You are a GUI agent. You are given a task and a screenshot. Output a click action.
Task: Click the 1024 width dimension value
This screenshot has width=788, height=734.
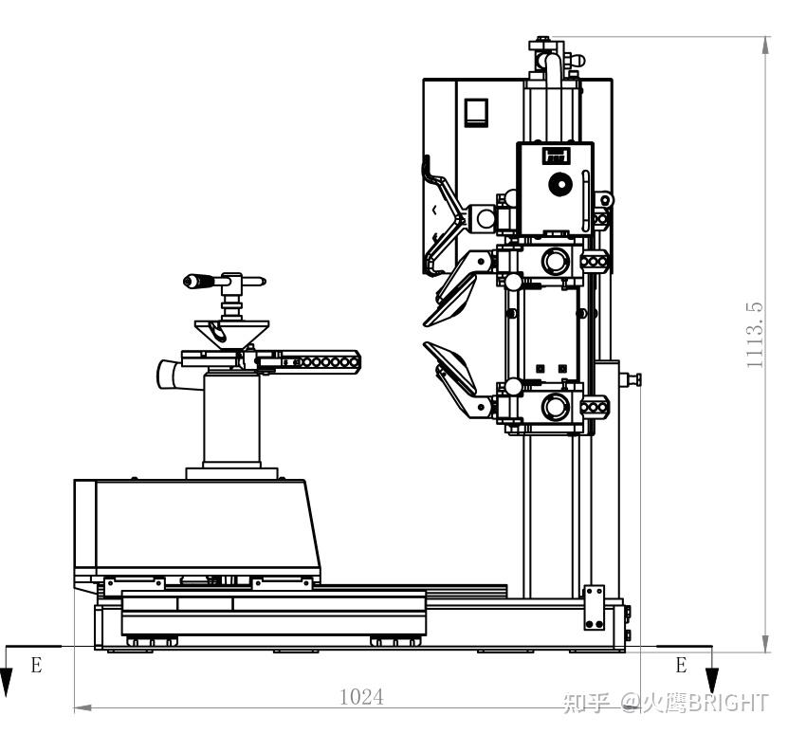tap(361, 697)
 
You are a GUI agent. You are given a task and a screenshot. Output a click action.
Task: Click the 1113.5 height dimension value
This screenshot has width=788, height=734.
tap(754, 335)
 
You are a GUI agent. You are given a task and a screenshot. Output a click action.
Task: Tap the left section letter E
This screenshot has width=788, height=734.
tap(36, 665)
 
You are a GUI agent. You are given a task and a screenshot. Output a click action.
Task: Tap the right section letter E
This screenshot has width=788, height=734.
tap(681, 665)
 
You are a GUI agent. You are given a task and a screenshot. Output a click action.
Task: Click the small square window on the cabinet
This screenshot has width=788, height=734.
tap(476, 112)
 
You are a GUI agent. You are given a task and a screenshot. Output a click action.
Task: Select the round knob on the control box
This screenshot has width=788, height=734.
tap(559, 185)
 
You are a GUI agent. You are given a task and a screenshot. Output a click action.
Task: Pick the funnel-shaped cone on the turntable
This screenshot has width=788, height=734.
tap(231, 334)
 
